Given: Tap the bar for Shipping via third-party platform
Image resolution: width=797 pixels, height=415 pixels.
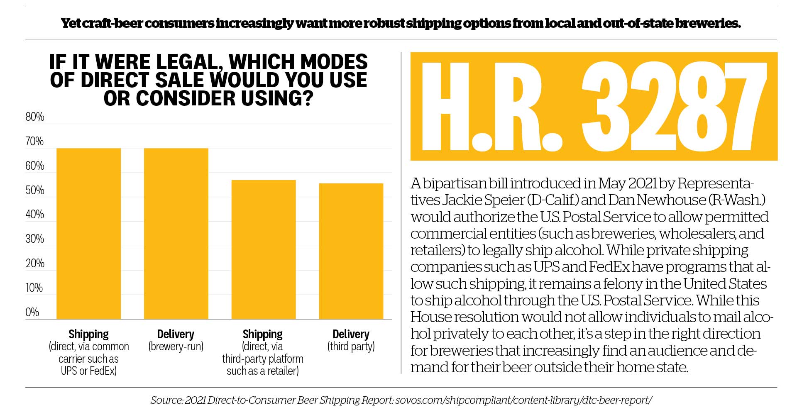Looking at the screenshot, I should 263,249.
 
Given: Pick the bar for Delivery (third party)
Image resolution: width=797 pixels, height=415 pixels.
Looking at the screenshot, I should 351,251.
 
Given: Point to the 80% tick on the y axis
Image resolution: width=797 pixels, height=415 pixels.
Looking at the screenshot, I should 35,117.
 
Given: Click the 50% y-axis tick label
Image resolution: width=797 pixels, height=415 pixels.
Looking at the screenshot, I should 35,190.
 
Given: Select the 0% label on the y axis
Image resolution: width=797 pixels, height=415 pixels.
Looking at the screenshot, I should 32,312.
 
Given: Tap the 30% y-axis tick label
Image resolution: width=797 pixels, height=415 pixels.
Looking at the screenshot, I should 35,239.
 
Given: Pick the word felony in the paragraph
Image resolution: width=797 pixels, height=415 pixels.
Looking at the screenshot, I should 620,284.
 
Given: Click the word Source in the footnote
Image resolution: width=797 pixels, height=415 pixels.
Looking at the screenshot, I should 166,400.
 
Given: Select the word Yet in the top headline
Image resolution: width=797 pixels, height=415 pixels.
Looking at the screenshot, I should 71,23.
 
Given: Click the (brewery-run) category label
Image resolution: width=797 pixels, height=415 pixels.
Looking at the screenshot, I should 176,347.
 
